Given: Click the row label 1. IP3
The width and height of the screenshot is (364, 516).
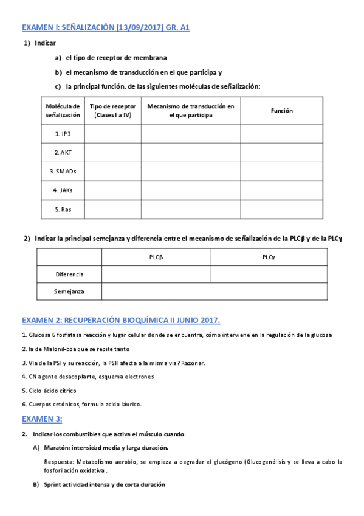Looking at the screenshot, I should coord(63,133).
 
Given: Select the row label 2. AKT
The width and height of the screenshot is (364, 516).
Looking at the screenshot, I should coord(63,152).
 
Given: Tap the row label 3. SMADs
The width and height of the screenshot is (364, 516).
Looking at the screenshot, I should coord(63,171).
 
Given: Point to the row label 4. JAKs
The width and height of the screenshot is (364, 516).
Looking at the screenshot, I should coord(63,190).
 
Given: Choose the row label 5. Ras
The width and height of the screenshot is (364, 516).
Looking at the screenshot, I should coord(63,209).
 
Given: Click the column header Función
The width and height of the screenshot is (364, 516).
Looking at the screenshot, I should coord(281,111).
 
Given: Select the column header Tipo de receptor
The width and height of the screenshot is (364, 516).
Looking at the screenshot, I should coord(112,111).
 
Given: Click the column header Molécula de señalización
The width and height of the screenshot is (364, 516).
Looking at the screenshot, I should coord(63,111).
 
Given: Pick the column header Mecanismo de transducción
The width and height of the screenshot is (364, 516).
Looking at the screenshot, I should coord(191,111).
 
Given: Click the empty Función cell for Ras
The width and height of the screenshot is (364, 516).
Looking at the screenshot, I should coord(281,209).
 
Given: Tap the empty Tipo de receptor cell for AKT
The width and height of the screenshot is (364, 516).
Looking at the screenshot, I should coord(112,152).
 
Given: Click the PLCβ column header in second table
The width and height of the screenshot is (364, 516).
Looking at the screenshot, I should coord(156,257).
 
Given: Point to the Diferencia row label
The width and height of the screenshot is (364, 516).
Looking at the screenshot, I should coord(69,274).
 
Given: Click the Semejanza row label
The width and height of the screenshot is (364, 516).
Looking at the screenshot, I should coord(69,291).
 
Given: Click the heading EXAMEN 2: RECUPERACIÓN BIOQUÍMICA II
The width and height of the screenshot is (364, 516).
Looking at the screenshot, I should coord(121,319).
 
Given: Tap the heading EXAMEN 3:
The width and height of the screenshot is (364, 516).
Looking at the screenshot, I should coord(42,419).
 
